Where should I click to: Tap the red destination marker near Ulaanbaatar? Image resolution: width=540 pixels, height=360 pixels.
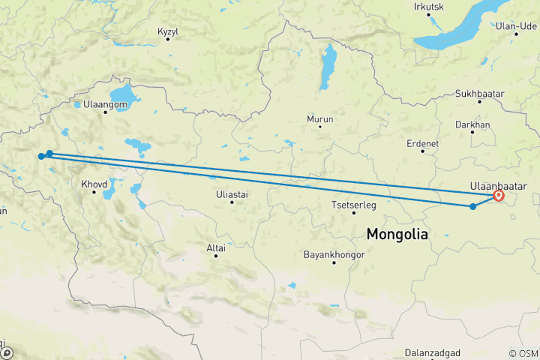coord(499,196)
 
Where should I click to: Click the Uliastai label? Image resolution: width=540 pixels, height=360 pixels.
coord(231,193)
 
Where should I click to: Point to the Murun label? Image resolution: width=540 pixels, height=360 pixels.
coord(320,118)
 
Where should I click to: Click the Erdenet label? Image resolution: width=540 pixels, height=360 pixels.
coord(422,142)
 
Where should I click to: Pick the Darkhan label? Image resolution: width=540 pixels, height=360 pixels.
coord(472,124)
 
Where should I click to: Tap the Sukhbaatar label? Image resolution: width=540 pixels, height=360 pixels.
coord(479,94)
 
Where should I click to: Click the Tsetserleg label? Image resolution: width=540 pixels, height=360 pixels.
coord(353,205)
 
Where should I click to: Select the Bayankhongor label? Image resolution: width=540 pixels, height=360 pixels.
coord(334,255)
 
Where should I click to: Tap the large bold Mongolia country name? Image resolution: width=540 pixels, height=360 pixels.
coord(397,234)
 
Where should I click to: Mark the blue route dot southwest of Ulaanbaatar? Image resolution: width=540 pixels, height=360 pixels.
coord(472,206)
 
